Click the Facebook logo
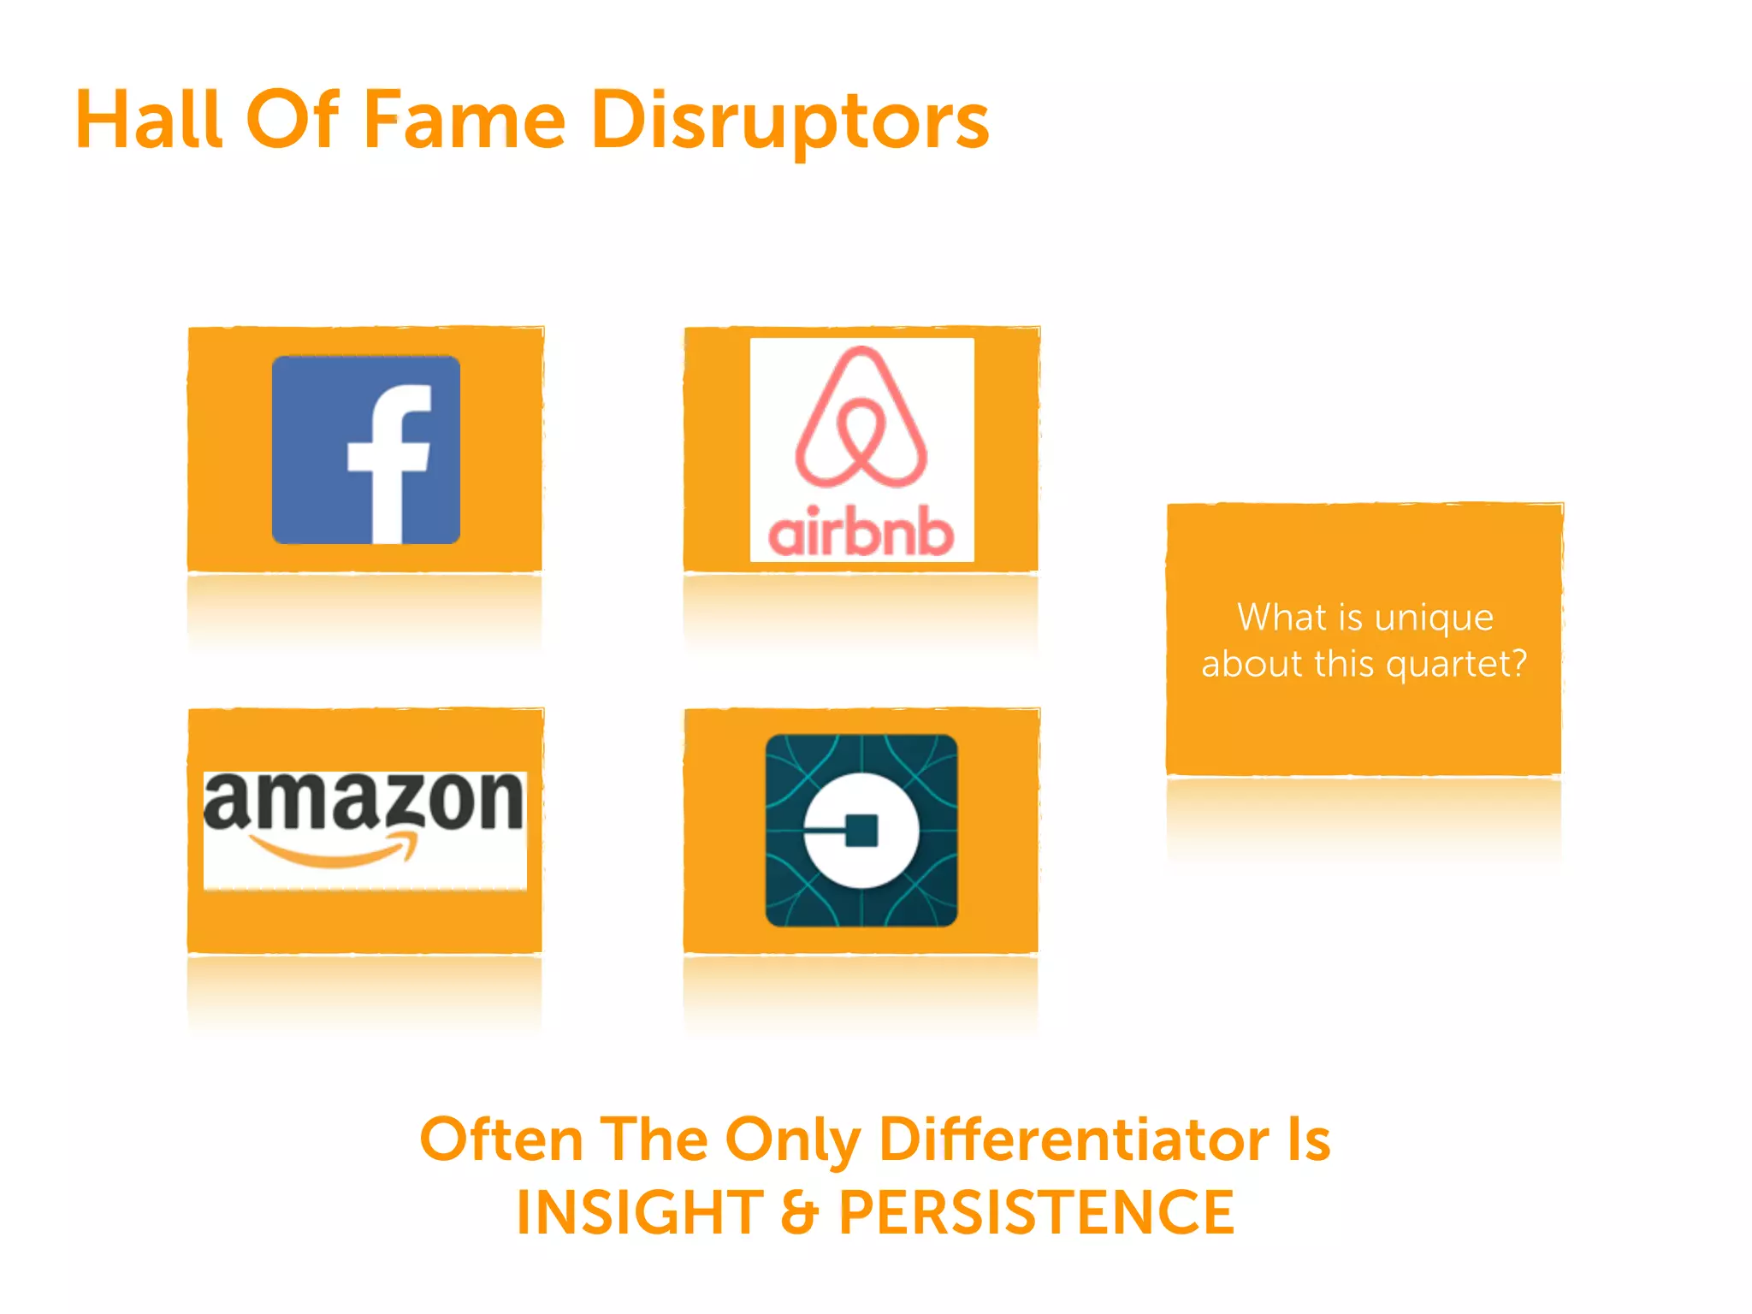point(365,450)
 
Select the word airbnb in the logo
point(861,531)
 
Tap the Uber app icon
point(861,830)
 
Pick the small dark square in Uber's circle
point(861,830)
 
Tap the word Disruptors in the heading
point(790,121)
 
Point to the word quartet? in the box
point(1456,664)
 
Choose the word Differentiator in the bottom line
point(1074,1139)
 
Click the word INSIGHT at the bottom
point(640,1213)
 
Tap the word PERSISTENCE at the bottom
point(1036,1213)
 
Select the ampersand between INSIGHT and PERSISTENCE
point(800,1214)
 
